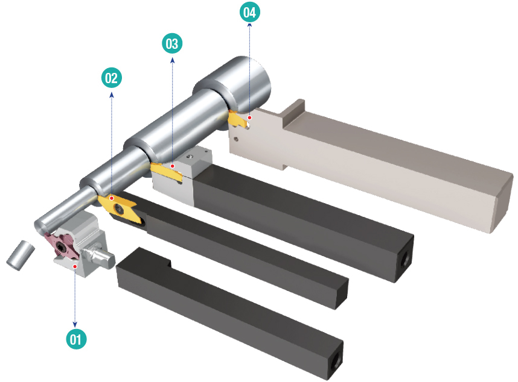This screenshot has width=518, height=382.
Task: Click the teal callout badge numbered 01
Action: [75, 339]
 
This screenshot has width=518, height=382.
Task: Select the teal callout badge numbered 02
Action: [112, 77]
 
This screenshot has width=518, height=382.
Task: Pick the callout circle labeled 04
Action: [250, 11]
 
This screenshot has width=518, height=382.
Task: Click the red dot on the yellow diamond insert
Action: [112, 196]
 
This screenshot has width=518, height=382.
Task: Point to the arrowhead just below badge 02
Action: [112, 93]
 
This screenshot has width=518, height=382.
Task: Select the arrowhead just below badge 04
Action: [250, 26]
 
